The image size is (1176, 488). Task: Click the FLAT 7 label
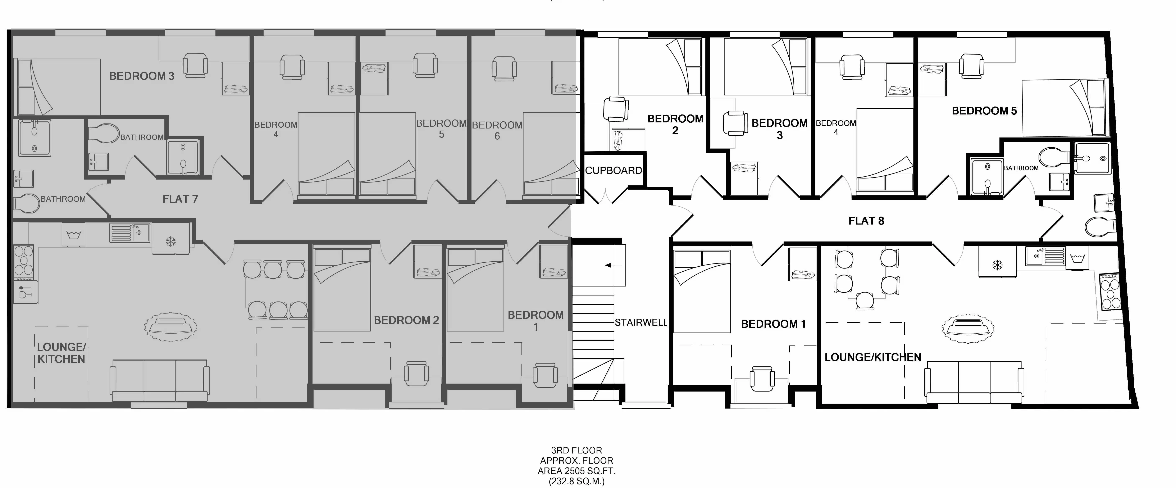click(180, 199)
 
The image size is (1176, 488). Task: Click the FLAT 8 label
click(866, 221)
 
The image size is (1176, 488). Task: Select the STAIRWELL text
click(641, 322)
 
